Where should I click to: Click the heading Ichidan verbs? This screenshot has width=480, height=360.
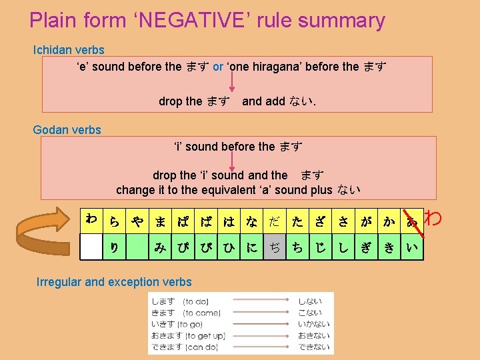[69, 50]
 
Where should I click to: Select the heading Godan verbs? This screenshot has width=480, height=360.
[67, 130]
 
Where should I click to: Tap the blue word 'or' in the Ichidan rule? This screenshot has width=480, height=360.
[218, 67]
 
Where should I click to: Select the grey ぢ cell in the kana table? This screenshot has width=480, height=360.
[275, 247]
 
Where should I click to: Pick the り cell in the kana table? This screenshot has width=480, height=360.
[115, 247]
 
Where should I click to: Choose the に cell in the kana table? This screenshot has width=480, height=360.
[252, 247]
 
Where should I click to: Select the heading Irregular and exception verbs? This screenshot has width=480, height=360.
[114, 282]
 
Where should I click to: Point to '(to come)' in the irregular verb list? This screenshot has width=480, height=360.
[203, 313]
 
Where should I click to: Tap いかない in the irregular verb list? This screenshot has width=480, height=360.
[313, 324]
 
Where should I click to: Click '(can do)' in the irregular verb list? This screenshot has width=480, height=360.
[203, 347]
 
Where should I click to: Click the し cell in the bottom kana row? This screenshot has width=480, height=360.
[343, 247]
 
